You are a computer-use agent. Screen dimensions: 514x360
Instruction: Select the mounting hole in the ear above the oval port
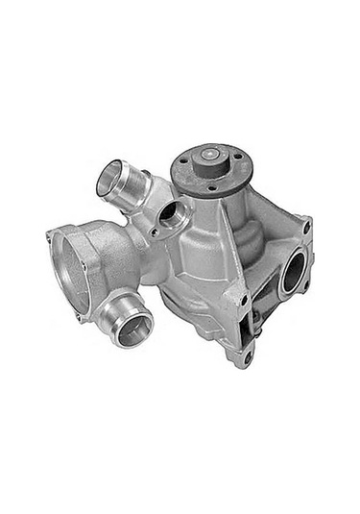tap(307, 229)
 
